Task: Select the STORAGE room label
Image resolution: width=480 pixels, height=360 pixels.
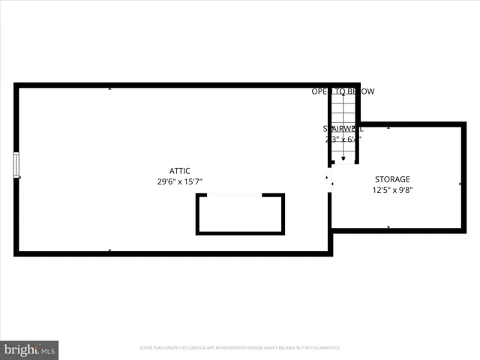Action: click(x=392, y=179)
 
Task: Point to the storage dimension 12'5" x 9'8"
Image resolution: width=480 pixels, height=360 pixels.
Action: click(x=392, y=190)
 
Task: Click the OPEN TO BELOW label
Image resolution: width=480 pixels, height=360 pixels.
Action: click(x=343, y=91)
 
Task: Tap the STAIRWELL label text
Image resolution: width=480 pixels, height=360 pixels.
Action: click(x=343, y=129)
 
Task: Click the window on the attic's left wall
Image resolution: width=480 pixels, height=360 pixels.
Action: click(x=16, y=165)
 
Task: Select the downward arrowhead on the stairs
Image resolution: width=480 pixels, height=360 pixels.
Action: click(x=343, y=158)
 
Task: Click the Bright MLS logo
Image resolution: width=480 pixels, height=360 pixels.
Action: click(x=29, y=349)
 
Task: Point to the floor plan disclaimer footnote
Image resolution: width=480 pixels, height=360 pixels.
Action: click(x=240, y=348)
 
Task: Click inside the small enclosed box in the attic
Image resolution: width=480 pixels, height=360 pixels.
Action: click(x=240, y=215)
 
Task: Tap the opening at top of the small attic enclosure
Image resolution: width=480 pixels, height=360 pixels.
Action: click(x=234, y=195)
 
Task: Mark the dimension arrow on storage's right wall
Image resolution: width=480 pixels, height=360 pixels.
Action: click(x=460, y=183)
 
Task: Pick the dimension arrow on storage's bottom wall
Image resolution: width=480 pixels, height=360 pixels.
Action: click(x=388, y=226)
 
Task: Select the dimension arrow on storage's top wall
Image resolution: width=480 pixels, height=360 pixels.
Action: click(x=388, y=128)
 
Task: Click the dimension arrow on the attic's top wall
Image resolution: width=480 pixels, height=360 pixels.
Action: click(x=110, y=89)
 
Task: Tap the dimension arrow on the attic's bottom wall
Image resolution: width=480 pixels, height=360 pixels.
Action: click(x=110, y=250)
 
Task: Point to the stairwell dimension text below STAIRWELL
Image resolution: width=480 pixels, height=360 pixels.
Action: click(x=343, y=139)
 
